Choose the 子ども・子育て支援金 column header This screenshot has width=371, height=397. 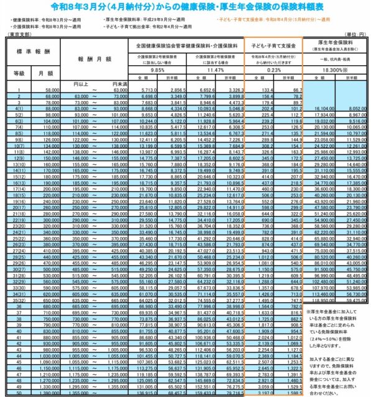tap(273, 46)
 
